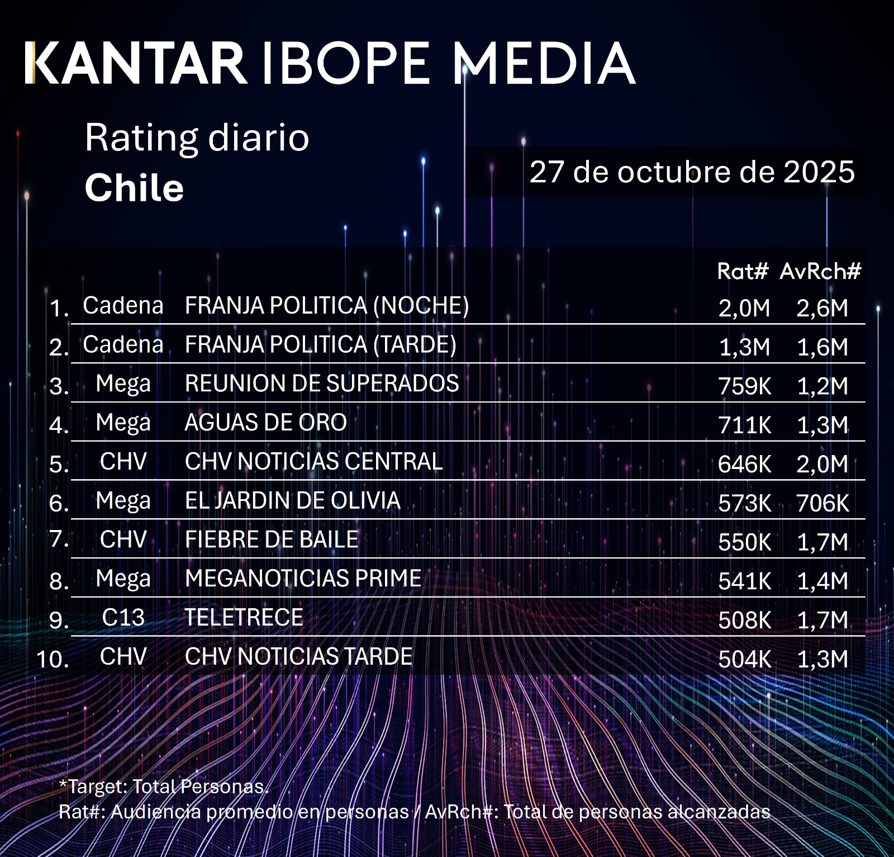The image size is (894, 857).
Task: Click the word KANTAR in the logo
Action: [135, 63]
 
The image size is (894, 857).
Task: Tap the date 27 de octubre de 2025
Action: [692, 172]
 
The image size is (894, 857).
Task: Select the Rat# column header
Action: [743, 271]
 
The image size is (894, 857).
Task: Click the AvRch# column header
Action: [820, 271]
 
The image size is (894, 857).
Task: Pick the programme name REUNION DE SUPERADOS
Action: [322, 383]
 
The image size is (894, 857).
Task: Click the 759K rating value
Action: [744, 386]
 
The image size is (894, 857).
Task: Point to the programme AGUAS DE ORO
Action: [266, 423]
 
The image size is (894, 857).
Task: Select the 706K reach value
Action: [822, 503]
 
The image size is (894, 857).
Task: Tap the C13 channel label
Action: [123, 618]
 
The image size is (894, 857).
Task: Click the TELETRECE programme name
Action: [244, 618]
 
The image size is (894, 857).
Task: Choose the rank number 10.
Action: [53, 659]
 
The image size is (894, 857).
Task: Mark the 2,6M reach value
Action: [822, 308]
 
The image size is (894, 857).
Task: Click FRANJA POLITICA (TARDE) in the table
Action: [321, 344]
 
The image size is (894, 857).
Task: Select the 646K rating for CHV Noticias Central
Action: [744, 464]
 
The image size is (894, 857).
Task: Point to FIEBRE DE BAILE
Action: [272, 539]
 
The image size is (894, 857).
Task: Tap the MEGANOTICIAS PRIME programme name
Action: [303, 579]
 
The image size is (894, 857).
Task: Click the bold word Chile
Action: [134, 187]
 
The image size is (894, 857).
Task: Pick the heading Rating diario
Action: [197, 138]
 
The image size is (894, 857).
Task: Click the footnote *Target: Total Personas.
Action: [164, 787]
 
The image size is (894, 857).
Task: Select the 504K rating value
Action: [744, 659]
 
